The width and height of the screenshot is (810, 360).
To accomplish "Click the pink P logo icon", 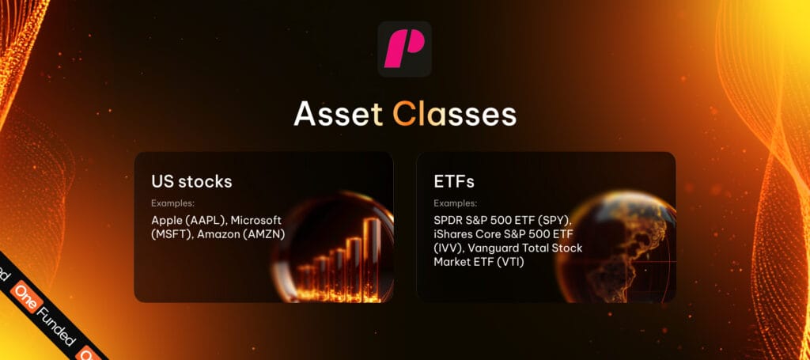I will click(x=404, y=49).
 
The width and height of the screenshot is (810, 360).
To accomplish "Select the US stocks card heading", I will click(x=191, y=181).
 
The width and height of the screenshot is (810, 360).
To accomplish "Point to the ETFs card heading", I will click(x=454, y=181).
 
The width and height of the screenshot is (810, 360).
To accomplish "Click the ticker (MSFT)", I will click(x=169, y=234).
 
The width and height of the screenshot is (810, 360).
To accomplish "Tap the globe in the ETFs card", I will click(x=617, y=245).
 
